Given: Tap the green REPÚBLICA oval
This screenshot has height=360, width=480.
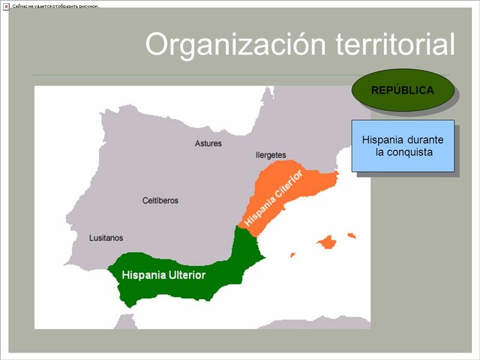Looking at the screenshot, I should (403, 91).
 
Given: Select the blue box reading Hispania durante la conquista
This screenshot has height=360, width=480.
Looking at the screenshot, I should (403, 146).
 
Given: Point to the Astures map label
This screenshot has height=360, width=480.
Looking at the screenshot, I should (208, 143).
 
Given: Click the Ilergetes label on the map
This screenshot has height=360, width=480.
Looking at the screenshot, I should (271, 155).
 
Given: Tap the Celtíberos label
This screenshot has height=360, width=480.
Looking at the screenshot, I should (160, 200).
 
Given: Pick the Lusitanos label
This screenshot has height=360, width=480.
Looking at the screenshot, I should (106, 236).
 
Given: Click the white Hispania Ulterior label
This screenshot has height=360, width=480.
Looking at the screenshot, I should (163, 275).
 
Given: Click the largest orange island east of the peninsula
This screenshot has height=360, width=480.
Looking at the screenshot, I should (326, 241).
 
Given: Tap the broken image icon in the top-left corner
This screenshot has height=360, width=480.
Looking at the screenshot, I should (6, 6).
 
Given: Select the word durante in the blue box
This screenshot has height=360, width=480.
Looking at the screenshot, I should (424, 139).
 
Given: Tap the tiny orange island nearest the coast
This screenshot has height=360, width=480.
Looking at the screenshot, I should (292, 254).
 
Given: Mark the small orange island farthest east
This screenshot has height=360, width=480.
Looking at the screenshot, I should (350, 235).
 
